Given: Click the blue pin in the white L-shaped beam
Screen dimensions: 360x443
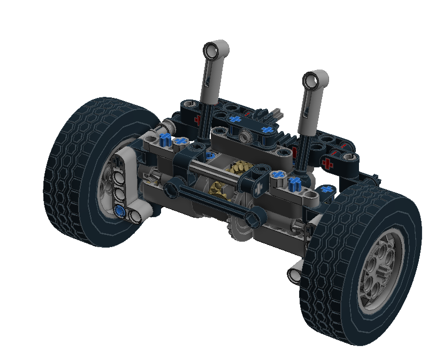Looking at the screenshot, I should pyautogui.click(x=119, y=212).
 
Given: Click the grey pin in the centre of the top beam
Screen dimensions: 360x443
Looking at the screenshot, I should pyautogui.click(x=246, y=136).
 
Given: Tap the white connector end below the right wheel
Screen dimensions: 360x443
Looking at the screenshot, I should pyautogui.click(x=294, y=274).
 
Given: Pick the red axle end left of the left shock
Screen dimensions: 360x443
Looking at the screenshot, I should pyautogui.click(x=197, y=119).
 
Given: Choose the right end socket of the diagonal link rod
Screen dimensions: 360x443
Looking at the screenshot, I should pyautogui.click(x=256, y=217).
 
